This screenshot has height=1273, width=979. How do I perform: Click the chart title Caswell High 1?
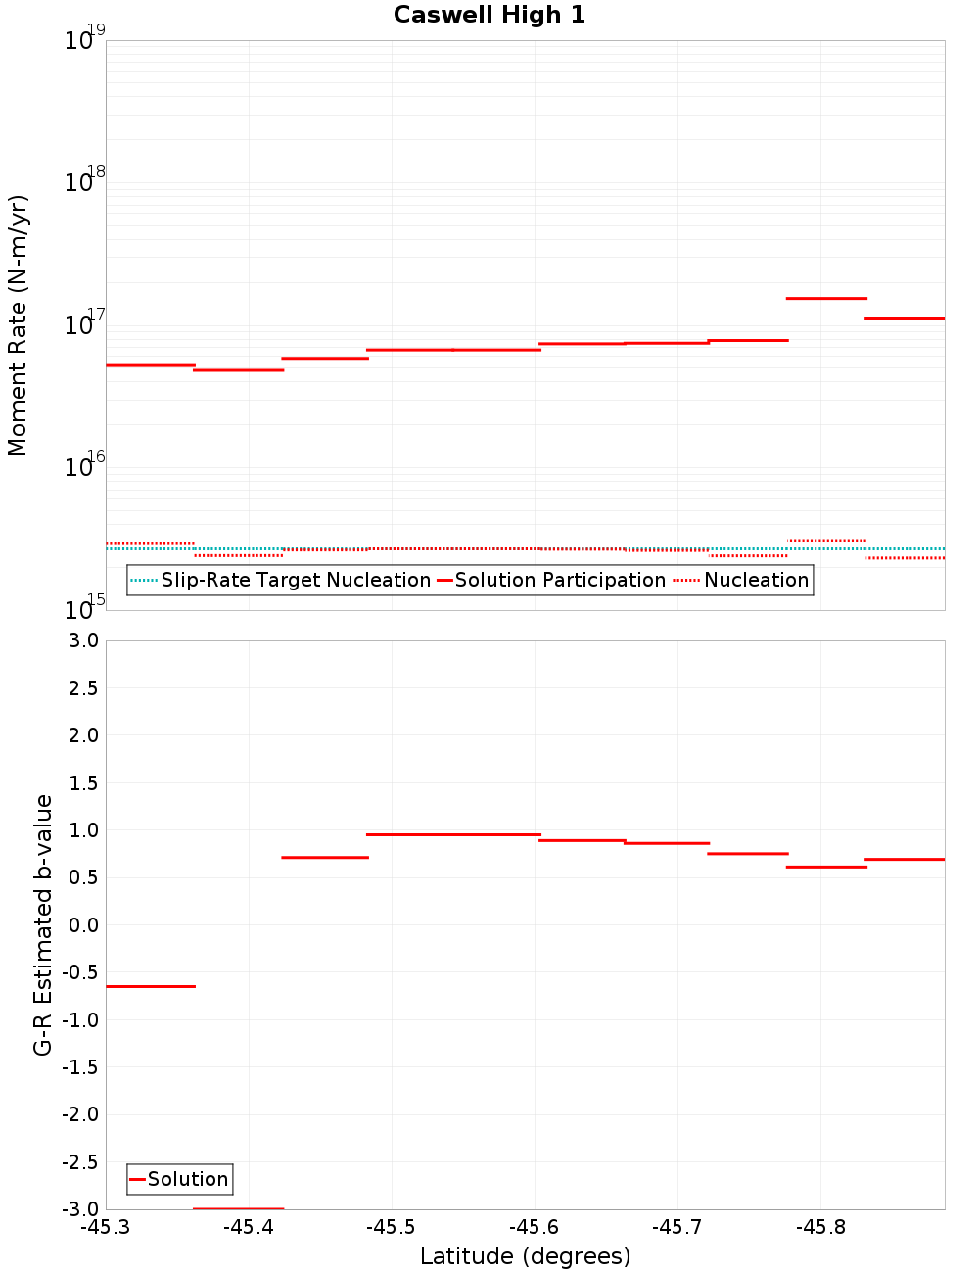click(x=489, y=15)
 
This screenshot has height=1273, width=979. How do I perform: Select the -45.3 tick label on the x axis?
click(x=106, y=1228)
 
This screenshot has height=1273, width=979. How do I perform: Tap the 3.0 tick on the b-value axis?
click(x=79, y=641)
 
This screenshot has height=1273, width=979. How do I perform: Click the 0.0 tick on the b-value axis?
click(x=79, y=925)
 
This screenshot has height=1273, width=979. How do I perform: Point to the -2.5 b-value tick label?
click(x=77, y=1162)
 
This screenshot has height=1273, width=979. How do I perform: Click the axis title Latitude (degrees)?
click(x=525, y=1257)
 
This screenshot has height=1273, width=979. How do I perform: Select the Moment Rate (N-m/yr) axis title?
click(x=18, y=325)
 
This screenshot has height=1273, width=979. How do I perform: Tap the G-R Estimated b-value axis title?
click(x=43, y=925)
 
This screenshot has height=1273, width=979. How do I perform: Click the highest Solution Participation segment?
click(x=827, y=298)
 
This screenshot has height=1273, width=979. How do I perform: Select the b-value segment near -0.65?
click(x=151, y=986)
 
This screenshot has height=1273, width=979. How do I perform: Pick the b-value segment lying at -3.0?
click(x=239, y=1208)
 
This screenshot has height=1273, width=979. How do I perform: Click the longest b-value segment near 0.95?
click(x=453, y=834)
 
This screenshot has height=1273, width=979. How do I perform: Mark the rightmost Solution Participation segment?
click(x=905, y=318)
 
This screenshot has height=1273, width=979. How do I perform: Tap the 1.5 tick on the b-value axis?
click(x=79, y=783)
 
